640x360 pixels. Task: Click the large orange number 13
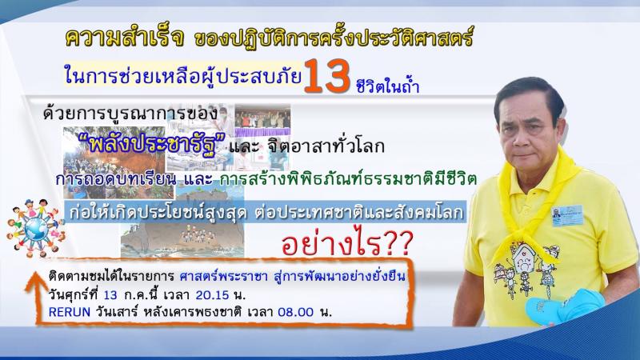(326, 76)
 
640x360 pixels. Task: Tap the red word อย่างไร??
(347, 244)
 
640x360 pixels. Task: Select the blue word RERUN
(70, 312)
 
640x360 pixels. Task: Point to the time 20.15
(212, 294)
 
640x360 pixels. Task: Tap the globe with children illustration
(35, 229)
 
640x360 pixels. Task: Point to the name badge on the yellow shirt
(567, 215)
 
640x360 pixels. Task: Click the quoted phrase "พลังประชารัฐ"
(152, 145)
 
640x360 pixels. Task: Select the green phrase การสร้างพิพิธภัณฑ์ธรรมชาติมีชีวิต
(348, 178)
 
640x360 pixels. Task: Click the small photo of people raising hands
(262, 120)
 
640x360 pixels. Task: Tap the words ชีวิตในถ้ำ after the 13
(387, 85)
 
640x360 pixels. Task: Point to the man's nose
(526, 134)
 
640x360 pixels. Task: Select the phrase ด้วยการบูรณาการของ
(130, 114)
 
